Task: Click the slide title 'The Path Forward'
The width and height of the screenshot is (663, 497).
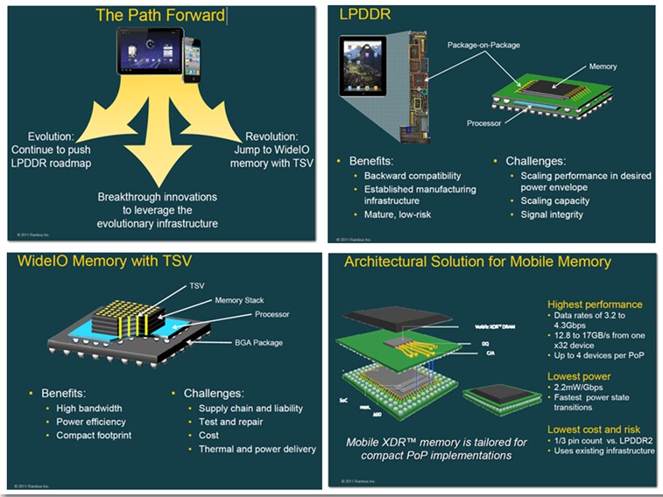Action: pos(159,15)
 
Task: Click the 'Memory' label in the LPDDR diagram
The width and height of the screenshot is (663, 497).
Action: pos(603,66)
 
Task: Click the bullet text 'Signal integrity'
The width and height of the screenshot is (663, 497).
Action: pos(547,214)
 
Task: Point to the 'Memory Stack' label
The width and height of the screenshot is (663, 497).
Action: pos(239,300)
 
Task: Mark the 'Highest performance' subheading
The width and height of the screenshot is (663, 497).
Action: pos(595,304)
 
